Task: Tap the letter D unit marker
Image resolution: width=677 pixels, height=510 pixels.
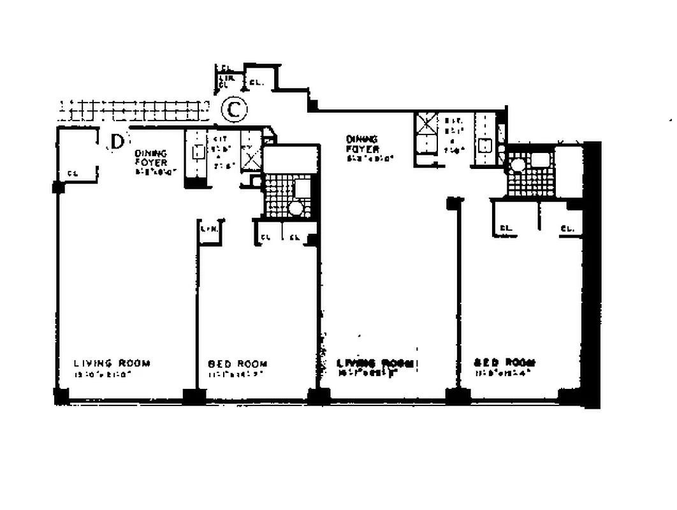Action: [116, 141]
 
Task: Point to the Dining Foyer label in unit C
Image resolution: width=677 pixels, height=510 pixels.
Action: [362, 148]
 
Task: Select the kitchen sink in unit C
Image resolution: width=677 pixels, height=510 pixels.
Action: [486, 145]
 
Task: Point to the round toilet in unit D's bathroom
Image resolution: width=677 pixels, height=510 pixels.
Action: [295, 208]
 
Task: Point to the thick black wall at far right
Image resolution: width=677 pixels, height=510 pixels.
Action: [592, 274]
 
